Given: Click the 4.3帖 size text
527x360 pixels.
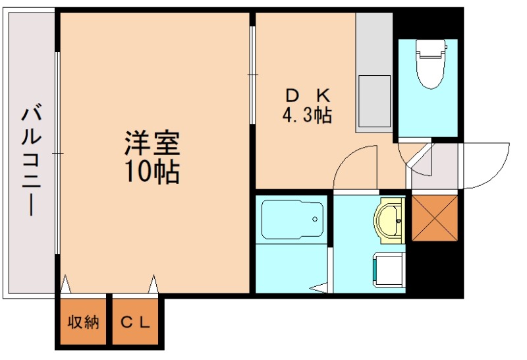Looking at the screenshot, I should click(x=306, y=115).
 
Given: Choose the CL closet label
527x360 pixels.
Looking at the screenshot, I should click(x=136, y=323).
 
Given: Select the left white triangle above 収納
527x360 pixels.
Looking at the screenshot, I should click(x=65, y=285).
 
